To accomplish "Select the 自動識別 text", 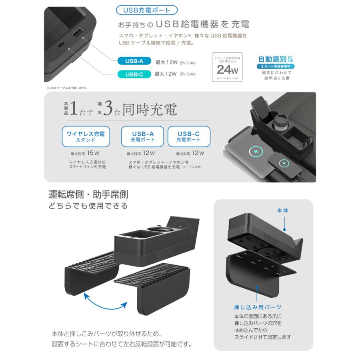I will (x=272, y=58).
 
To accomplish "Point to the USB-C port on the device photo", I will (x=61, y=45).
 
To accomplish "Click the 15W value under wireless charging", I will (x=93, y=153).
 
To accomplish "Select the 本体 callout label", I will (x=282, y=210).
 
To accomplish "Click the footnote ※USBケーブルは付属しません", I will (x=67, y=88).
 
